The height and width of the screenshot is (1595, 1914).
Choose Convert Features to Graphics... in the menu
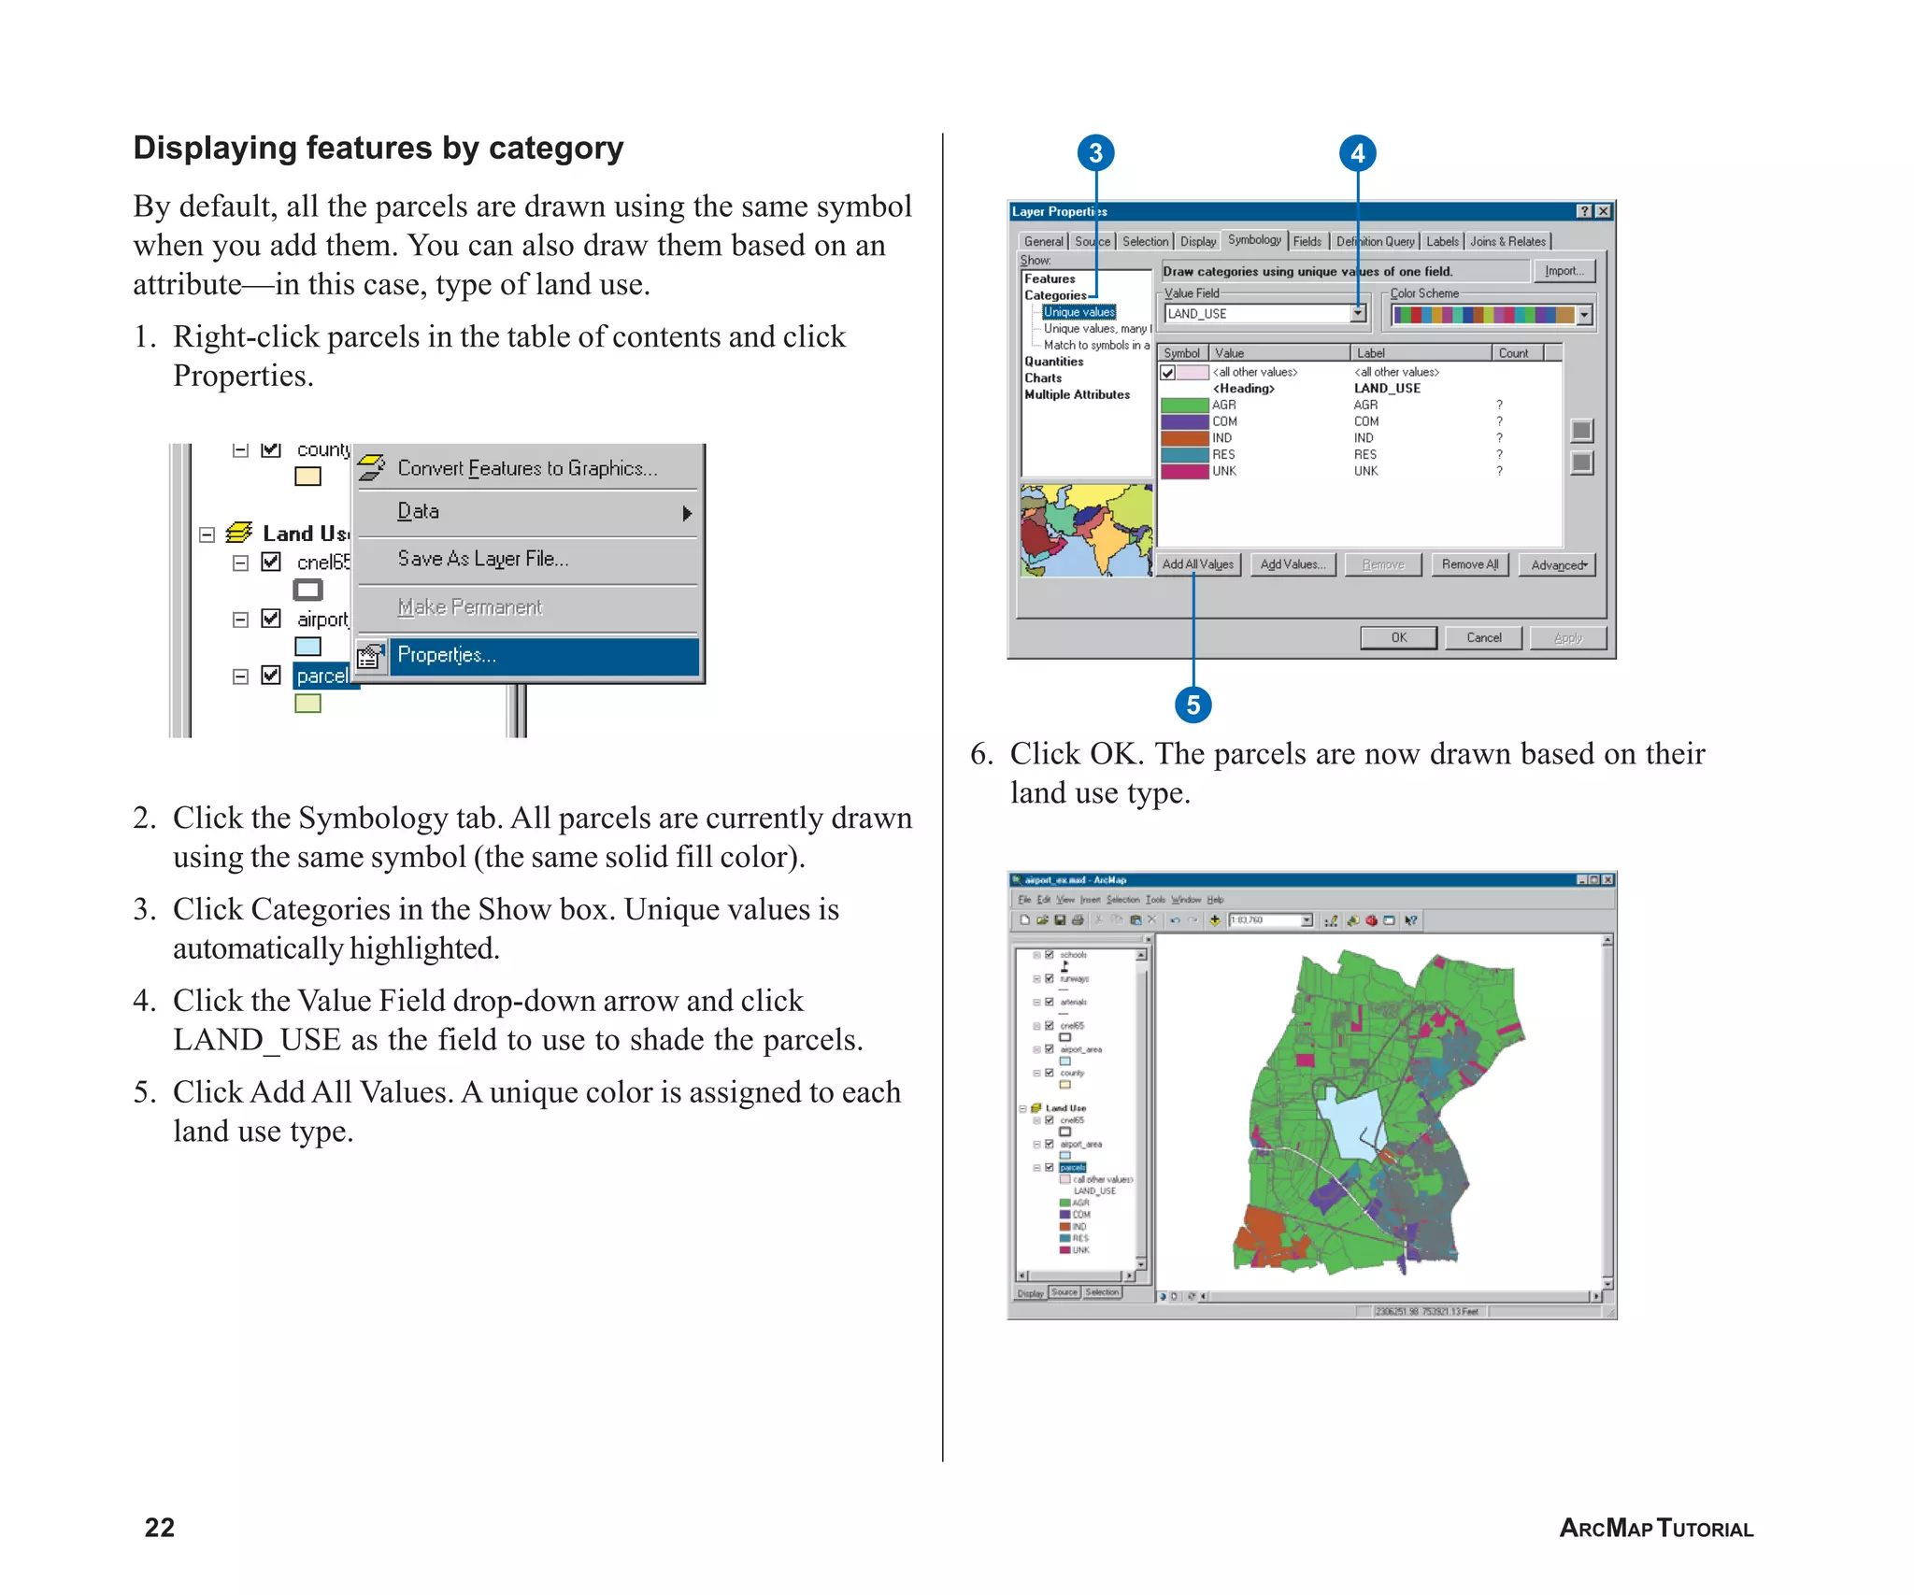coord(526,468)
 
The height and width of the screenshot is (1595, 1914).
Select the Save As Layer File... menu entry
coord(482,559)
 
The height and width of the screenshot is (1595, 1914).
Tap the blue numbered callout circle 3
coord(1095,153)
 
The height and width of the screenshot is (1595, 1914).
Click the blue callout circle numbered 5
coord(1193,705)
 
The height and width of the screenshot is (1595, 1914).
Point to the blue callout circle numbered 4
coord(1357,153)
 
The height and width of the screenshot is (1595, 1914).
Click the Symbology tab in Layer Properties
coord(1254,240)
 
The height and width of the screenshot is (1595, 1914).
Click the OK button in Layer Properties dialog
coord(1398,637)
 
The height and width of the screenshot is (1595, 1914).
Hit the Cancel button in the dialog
coord(1483,637)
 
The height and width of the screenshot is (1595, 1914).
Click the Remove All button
coord(1469,564)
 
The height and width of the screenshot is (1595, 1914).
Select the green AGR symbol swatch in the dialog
coord(1184,406)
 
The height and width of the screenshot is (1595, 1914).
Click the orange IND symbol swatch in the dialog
coord(1184,438)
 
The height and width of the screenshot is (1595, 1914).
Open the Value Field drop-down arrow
coord(1358,314)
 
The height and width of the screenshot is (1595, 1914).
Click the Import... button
coord(1564,271)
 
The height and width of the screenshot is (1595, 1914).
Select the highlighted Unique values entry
coord(1078,312)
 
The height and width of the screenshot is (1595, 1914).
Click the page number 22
coord(160,1528)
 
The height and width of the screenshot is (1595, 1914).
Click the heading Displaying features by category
coord(378,148)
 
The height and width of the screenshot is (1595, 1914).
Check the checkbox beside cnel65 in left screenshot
coord(271,562)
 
